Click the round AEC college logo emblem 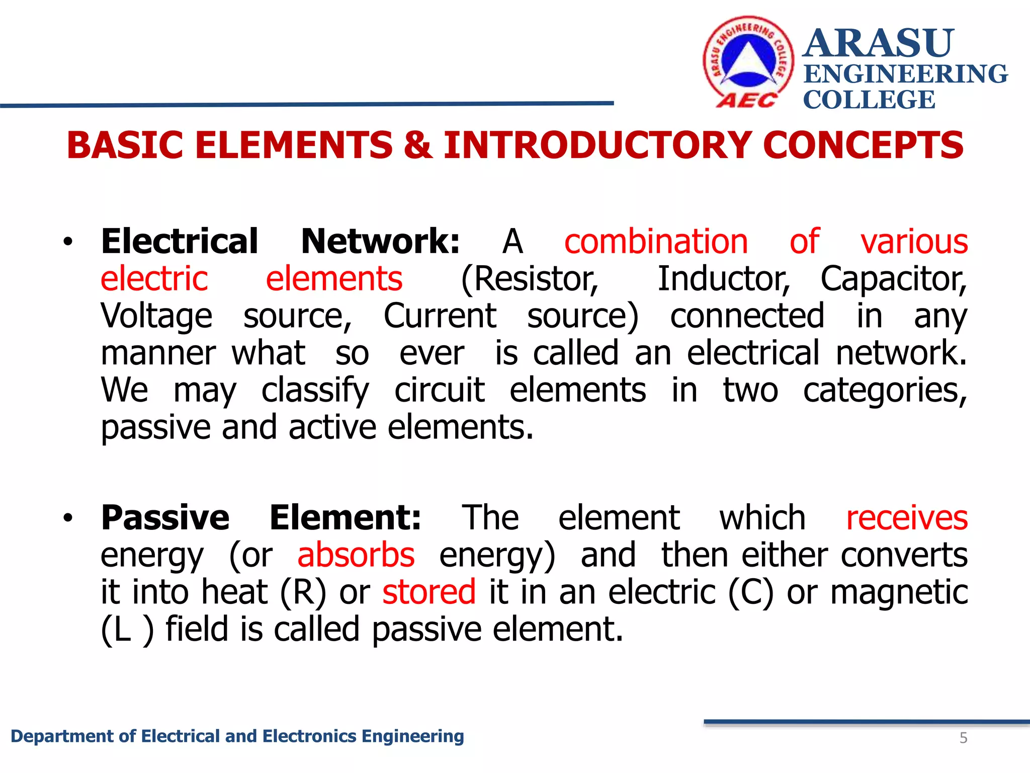coord(748,61)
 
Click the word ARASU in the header coord(878,43)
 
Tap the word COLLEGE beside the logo coord(869,100)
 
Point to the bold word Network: coord(380,242)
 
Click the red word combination coord(656,242)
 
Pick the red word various coord(914,242)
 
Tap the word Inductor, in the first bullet coord(724,279)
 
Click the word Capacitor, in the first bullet coord(893,279)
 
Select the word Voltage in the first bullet coord(156,316)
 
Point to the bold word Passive coord(165,518)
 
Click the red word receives coord(907,518)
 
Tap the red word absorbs coord(356,555)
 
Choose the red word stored coord(429,592)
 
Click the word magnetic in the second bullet coord(899,592)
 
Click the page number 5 coord(963,738)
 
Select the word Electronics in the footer coord(310,736)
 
